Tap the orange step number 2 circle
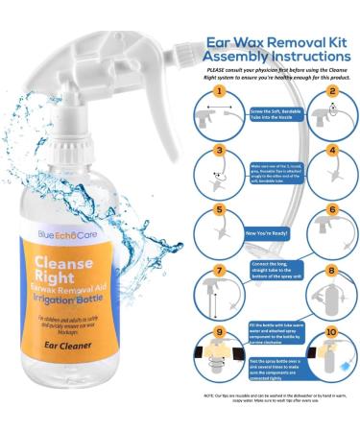tap(331, 93)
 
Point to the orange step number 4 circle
tap(331, 151)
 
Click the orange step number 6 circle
tap(331, 208)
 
